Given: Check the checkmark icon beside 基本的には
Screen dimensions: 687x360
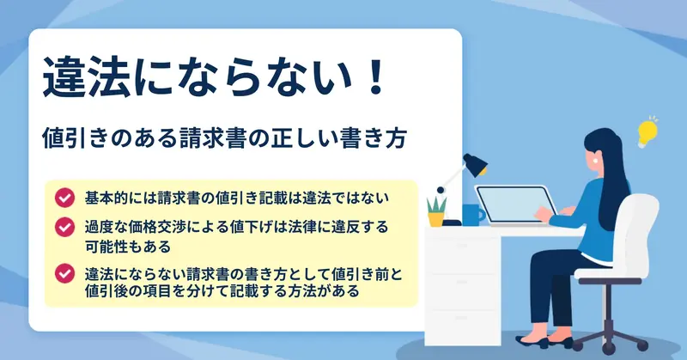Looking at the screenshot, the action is coord(64,198).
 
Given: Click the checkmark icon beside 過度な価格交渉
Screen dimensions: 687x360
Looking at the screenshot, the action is coord(64,227).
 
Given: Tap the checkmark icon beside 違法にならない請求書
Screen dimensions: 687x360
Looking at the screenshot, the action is coord(64,273).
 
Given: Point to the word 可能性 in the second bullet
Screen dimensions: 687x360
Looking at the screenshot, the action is coord(106,247).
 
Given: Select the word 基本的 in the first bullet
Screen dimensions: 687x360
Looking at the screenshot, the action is coord(106,198).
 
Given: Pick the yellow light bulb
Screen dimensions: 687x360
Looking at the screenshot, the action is coord(647,131).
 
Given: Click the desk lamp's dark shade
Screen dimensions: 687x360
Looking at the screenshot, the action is coord(476,164).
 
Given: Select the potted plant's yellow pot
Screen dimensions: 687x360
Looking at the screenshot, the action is coord(436,219).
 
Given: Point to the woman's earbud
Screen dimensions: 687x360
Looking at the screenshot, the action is coord(596,161).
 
